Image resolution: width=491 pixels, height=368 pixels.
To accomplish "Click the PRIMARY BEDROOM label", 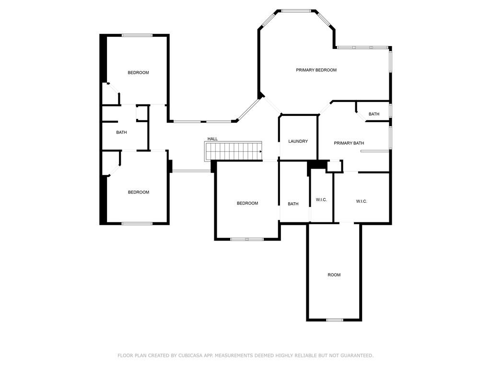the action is click(316, 70).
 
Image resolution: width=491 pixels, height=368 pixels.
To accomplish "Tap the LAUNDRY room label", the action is click(298, 141).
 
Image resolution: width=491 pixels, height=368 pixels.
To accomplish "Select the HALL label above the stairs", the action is click(212, 139).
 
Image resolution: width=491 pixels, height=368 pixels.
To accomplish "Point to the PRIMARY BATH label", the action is click(349, 143).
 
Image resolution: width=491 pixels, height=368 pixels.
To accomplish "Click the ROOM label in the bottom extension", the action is click(334, 275).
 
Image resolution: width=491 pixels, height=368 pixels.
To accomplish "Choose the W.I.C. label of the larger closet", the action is click(362, 202).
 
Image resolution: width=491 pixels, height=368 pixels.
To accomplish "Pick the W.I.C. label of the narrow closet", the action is click(321, 200).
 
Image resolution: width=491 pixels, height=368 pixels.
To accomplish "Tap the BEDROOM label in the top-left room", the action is click(138, 73).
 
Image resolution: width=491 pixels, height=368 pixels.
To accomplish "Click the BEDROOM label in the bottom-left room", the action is click(139, 193).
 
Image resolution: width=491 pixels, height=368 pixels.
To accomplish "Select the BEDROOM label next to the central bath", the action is click(247, 203).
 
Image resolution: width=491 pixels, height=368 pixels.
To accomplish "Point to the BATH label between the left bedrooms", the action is click(121, 133).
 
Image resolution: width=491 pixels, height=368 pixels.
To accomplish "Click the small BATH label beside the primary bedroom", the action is click(374, 114).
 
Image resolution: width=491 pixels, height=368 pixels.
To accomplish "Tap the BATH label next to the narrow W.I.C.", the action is click(293, 204).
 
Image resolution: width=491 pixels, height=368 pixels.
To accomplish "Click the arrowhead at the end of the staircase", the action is click(260, 152).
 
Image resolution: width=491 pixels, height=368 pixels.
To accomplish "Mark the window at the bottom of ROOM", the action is click(335, 320).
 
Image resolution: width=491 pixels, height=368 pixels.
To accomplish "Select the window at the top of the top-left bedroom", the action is click(137, 35).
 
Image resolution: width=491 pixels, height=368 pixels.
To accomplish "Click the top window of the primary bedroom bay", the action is click(296, 11).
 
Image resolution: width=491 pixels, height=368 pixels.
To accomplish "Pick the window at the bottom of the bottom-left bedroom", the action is click(137, 223).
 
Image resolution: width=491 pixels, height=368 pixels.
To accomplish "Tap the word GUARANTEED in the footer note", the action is click(357, 356).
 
